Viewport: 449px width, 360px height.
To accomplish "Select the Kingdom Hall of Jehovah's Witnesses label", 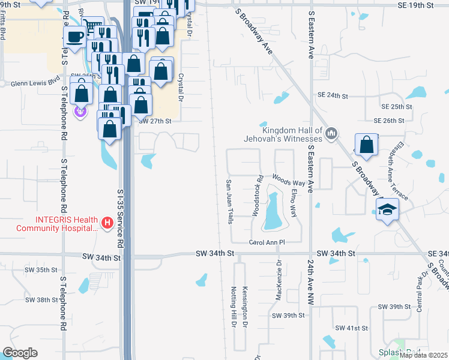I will pos(292,134).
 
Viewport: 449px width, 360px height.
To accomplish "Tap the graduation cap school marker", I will pos(387,209).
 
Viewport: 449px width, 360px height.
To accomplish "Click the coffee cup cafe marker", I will pos(75,37).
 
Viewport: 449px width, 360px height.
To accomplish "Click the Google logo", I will pos(20,352).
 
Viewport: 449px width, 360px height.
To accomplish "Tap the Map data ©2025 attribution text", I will pos(423,355).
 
